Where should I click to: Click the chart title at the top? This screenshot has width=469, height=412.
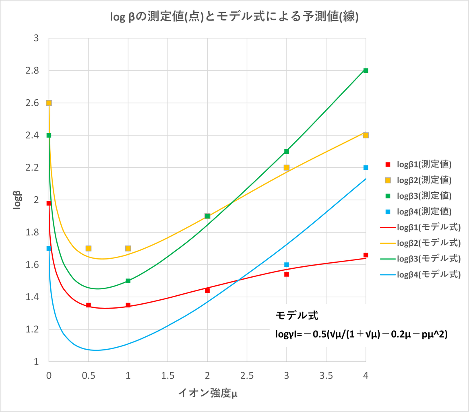pos(234,17)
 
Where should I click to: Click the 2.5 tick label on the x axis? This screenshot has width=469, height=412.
pos(247,376)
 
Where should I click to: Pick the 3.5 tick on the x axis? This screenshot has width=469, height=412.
pos(326,376)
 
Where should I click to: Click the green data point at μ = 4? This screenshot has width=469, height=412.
pos(366,71)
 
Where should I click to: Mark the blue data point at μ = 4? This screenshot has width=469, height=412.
pos(366,167)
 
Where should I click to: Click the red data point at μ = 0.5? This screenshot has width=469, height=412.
pos(89,305)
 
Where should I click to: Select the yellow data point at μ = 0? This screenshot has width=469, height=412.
pos(49,103)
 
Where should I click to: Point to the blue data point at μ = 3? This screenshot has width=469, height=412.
pos(287,265)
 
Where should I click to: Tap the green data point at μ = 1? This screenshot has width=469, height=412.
pos(128,281)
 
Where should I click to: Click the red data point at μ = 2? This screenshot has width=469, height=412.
pos(207,290)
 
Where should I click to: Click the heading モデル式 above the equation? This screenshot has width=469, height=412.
pos(297,315)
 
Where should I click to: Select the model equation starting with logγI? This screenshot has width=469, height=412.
pos(361,334)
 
